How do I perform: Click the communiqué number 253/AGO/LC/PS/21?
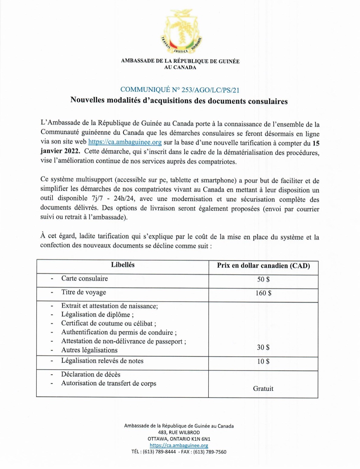point(180,90)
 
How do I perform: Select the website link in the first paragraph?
point(125,142)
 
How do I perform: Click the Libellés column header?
point(123,265)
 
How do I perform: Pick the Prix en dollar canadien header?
point(263,266)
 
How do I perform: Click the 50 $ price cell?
point(263,279)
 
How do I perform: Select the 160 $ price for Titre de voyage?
point(263,293)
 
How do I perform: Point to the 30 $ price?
point(263,347)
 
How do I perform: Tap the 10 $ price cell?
point(263,361)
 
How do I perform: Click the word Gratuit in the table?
point(263,389)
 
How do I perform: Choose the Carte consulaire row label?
point(84,279)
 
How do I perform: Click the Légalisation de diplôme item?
point(97,315)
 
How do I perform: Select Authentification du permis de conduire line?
point(119,332)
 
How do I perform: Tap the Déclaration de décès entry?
point(91,374)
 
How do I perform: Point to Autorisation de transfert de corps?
point(109,383)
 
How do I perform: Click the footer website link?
point(179,446)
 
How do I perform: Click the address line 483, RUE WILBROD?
point(179,433)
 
